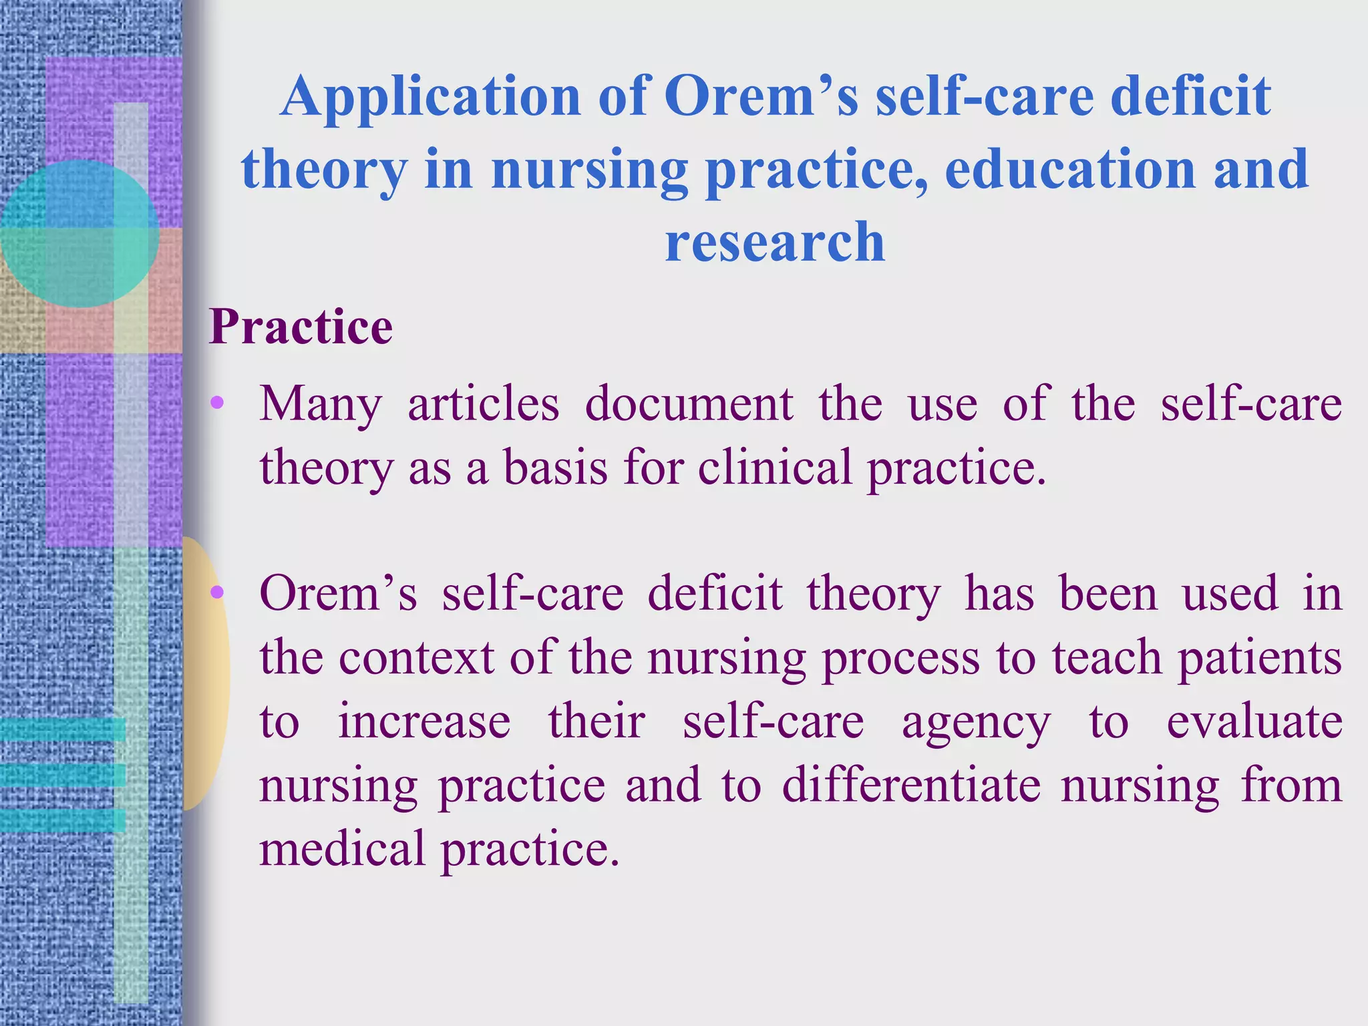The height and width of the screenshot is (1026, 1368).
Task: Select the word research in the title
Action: pyautogui.click(x=775, y=241)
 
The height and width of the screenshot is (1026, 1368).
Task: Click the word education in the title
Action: pyautogui.click(x=1069, y=169)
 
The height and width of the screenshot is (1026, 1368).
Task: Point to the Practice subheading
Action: pyautogui.click(x=301, y=327)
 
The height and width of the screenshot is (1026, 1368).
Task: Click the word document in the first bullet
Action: pyautogui.click(x=689, y=404)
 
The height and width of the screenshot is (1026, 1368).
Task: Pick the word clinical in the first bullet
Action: pyautogui.click(x=775, y=467)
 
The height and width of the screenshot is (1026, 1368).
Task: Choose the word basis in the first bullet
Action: pyautogui.click(x=555, y=467)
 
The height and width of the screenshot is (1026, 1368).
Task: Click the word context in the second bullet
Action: pyautogui.click(x=416, y=657)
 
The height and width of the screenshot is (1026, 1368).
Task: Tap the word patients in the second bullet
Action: pyautogui.click(x=1260, y=659)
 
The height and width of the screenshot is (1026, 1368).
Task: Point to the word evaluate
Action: pyautogui.click(x=1254, y=721)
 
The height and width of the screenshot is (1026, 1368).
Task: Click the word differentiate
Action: pyautogui.click(x=911, y=785)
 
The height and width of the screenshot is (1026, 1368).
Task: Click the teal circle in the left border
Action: pyautogui.click(x=80, y=233)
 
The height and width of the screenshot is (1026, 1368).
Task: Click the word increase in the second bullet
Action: pyautogui.click(x=424, y=721)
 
